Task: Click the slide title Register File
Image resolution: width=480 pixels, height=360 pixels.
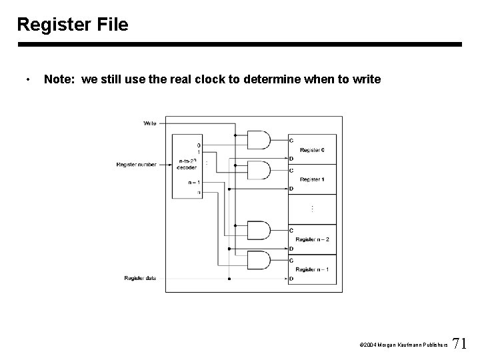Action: tap(73, 25)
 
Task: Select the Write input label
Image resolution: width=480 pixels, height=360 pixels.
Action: tap(150, 123)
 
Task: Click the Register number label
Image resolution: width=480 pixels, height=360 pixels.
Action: tap(136, 164)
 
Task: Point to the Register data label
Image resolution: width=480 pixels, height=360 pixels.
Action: tap(140, 278)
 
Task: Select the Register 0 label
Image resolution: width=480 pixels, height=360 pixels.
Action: tap(312, 151)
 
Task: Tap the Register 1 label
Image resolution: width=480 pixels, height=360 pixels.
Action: tap(312, 179)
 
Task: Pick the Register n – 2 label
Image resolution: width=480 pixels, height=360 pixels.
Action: tap(312, 239)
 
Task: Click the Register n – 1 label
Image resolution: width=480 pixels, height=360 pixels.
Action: tap(312, 269)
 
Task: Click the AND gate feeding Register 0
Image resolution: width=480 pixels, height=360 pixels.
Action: tap(259, 140)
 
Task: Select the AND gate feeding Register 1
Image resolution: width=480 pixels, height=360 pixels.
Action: tap(259, 170)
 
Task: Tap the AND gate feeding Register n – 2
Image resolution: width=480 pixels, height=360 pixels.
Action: tap(259, 230)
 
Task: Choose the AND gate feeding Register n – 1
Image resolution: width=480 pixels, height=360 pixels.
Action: tap(259, 259)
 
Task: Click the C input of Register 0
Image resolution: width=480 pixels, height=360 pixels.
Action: tap(291, 140)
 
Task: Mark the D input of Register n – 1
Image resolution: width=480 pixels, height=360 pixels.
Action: tap(291, 278)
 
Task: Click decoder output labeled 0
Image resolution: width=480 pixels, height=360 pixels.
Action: tap(199, 145)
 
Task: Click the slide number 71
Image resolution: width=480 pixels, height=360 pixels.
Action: tap(459, 344)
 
